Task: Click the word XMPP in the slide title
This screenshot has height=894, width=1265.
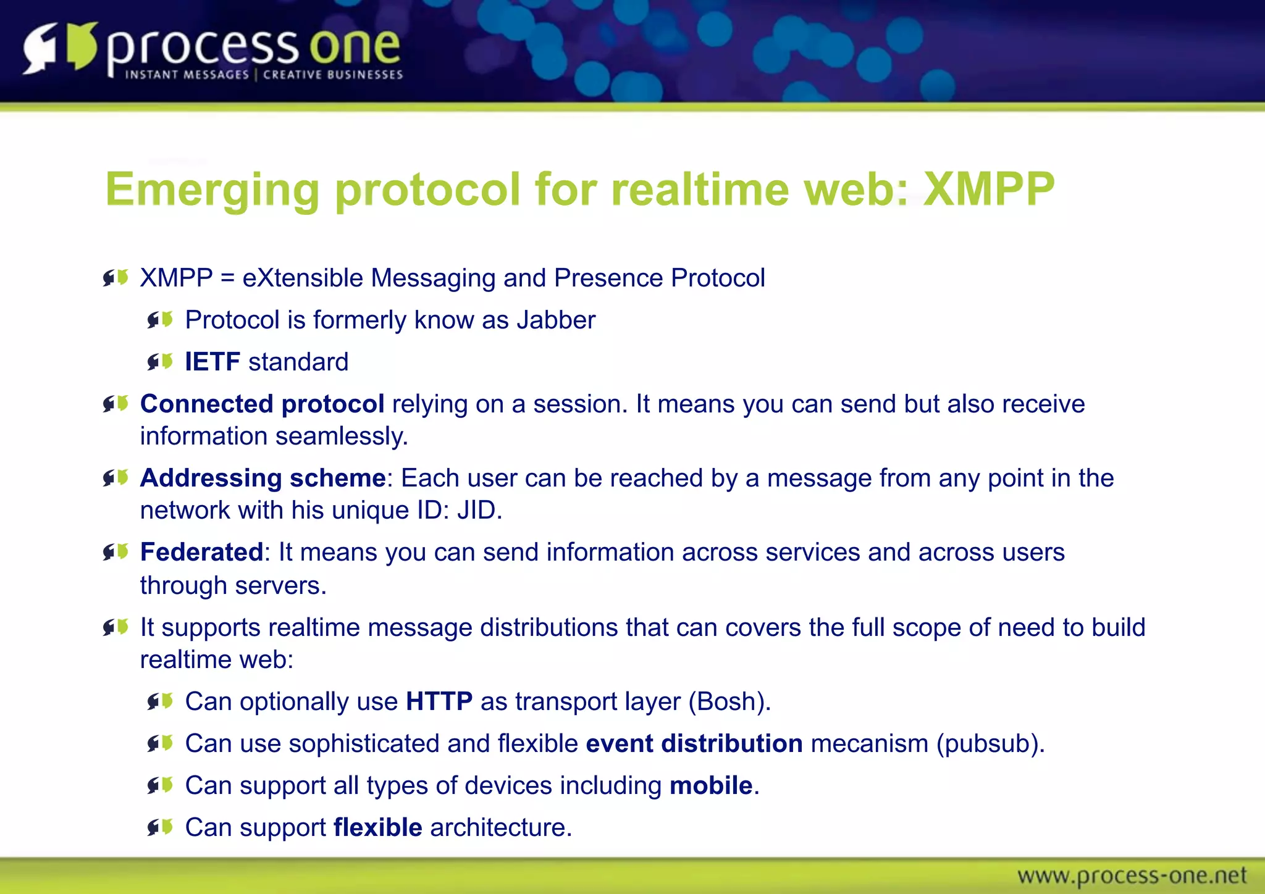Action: coord(988,189)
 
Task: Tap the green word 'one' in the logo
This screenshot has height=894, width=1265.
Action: coord(355,47)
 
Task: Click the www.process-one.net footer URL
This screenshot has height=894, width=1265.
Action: coord(1132,875)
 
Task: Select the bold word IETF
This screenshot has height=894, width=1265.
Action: coord(212,362)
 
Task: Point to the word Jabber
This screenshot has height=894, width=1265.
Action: coord(556,320)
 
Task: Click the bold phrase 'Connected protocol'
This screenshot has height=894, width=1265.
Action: coord(262,404)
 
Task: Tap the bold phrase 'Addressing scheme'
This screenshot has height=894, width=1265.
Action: coord(263,478)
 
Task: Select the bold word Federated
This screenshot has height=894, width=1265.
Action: coord(202,552)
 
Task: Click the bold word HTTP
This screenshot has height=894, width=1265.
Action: coord(439,701)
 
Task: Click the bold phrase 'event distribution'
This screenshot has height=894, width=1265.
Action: coord(694,743)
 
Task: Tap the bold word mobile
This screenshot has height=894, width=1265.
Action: coord(711,785)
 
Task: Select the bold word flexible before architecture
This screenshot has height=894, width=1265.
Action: coord(378,827)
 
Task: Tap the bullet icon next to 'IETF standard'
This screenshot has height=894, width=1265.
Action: coord(160,362)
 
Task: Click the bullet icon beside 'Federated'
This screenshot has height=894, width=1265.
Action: coord(116,552)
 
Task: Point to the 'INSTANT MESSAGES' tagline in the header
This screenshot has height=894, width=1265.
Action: coord(187,75)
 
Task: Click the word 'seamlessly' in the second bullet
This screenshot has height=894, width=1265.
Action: coord(341,436)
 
